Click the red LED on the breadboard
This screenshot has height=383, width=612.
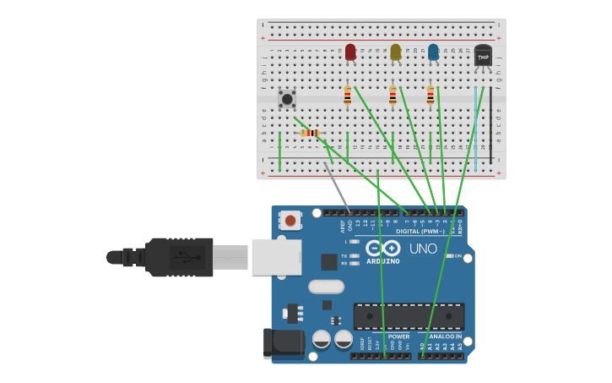coord(350,52)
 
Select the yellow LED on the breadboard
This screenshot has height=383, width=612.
coord(396,52)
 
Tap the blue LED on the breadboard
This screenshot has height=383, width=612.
coord(433,52)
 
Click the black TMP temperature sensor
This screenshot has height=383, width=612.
coord(483,56)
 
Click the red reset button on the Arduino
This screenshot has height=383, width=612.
coord(290,221)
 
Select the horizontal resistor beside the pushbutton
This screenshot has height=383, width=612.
coord(310,133)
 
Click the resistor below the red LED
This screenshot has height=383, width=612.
coord(347,96)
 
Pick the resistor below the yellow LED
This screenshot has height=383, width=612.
coord(393,96)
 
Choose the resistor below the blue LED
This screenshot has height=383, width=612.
coord(430,96)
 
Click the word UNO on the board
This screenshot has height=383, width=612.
coord(423,249)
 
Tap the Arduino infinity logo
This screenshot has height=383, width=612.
coord(383,248)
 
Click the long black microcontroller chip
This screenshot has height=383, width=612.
coord(409,316)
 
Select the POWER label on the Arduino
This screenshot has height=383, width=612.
coord(398,336)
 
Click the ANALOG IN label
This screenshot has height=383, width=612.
coord(445,336)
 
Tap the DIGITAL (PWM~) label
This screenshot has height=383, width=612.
coord(420,231)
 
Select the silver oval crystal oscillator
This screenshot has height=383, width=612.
coord(326,287)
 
